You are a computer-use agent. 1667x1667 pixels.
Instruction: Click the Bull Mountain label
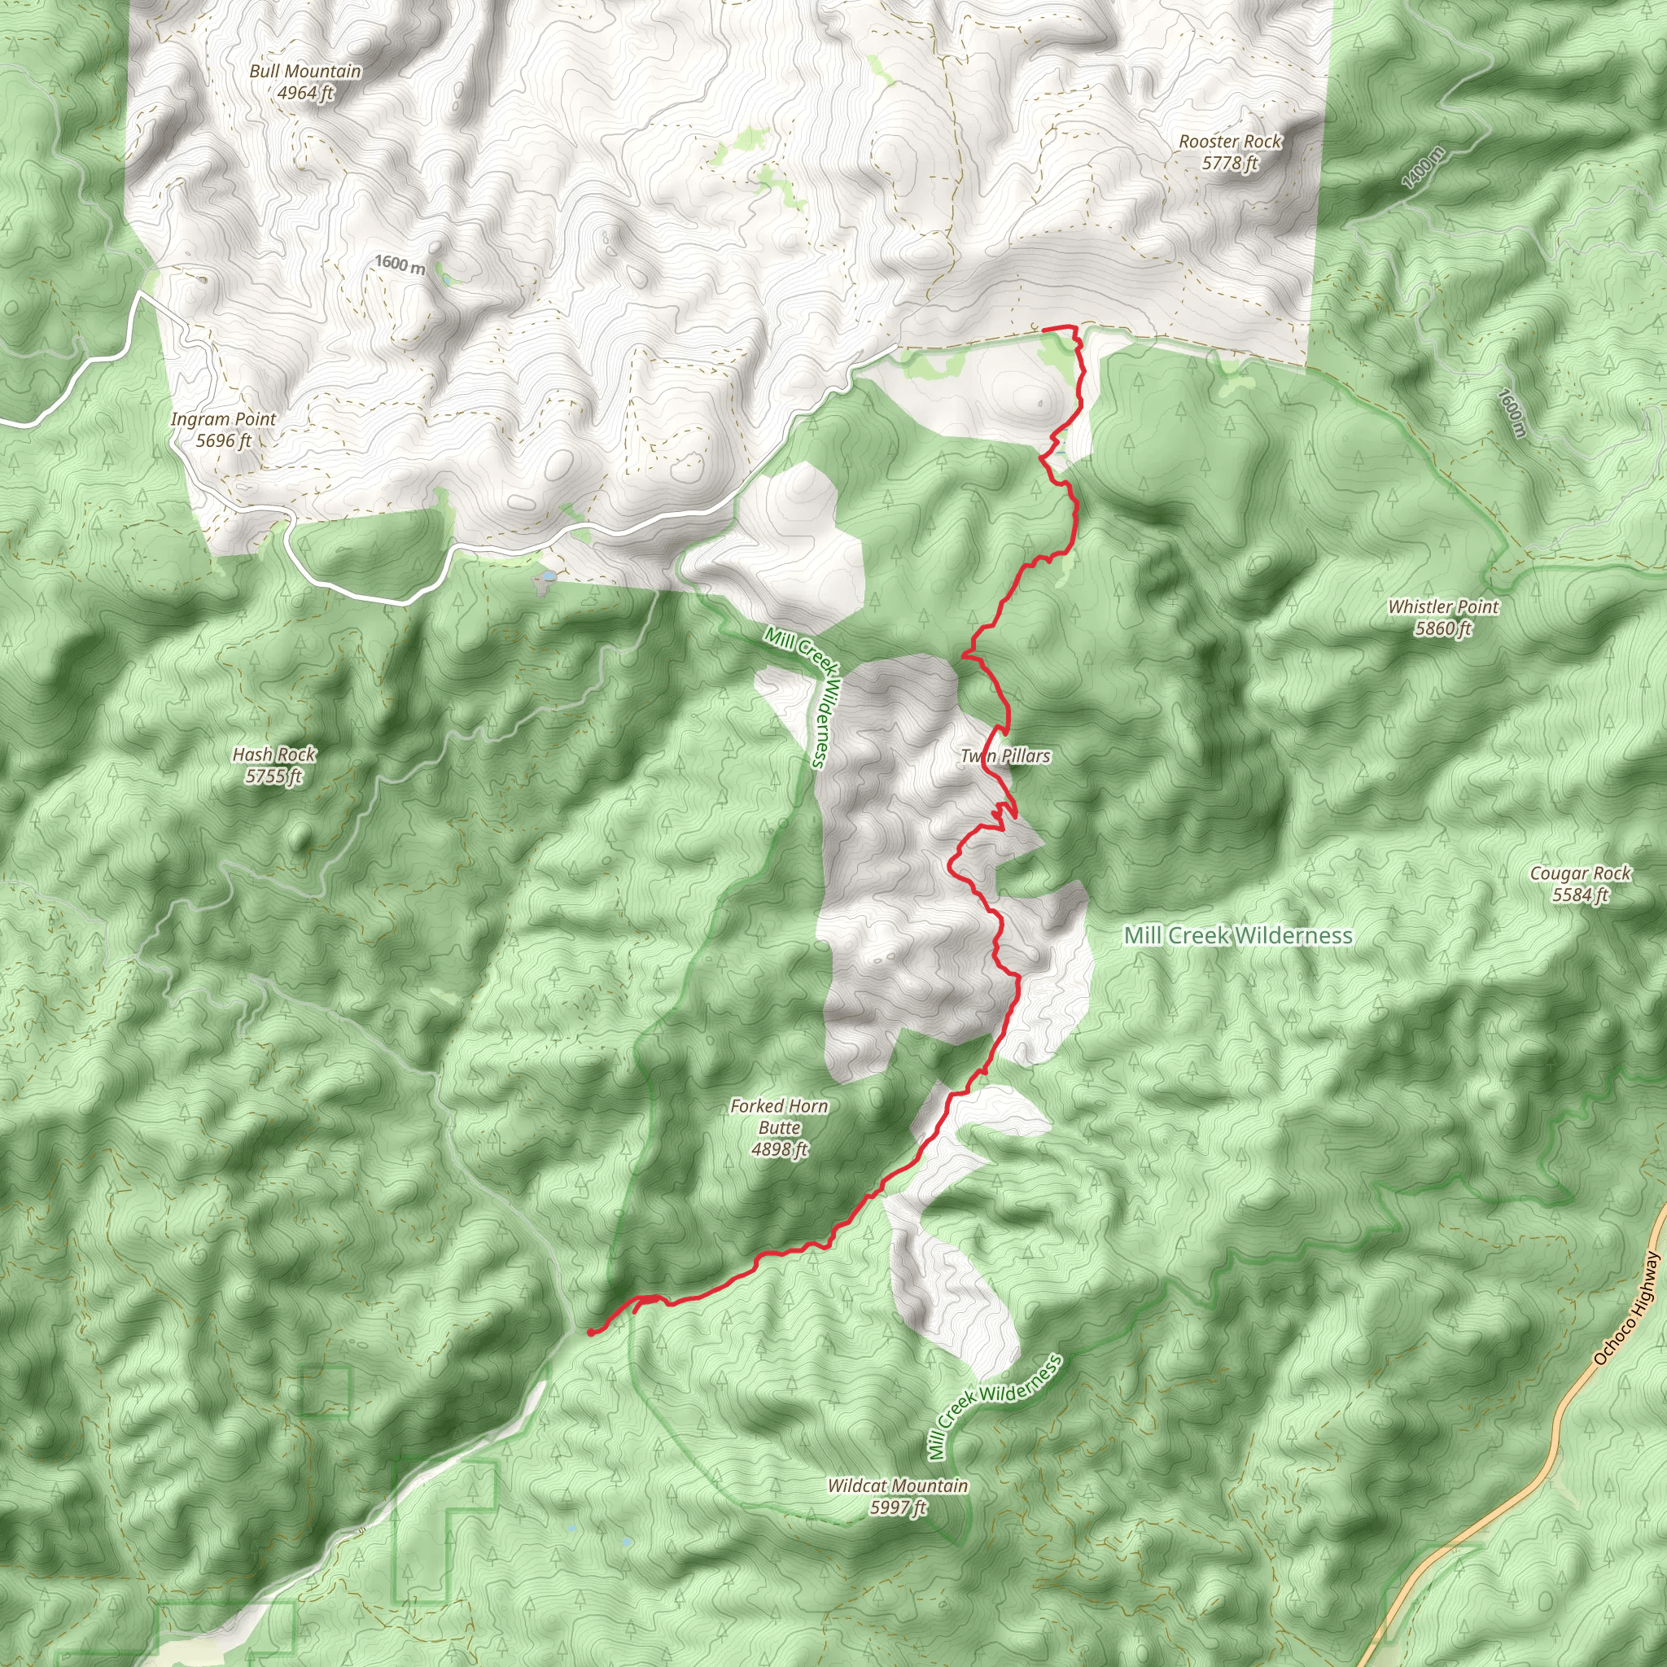(x=304, y=71)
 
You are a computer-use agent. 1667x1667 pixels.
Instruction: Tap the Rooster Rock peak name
(x=1231, y=141)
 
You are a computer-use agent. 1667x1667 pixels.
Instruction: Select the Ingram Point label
(x=224, y=418)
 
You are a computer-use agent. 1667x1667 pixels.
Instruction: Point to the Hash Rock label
(x=274, y=754)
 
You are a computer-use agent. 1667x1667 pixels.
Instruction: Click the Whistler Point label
(x=1443, y=606)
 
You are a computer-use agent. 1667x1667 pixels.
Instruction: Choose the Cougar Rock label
(x=1580, y=873)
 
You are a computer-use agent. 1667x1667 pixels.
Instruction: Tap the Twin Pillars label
(x=1005, y=756)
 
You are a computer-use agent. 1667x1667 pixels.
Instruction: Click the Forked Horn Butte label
(x=779, y=1117)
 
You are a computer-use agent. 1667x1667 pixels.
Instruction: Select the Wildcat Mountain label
(x=897, y=1485)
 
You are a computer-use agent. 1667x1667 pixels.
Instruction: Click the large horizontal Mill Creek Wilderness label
(x=1238, y=935)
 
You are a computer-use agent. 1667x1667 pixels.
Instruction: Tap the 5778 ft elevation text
(x=1231, y=163)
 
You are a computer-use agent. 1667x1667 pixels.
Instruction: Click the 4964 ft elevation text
(x=304, y=93)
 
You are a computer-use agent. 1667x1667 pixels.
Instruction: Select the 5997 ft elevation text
(x=897, y=1507)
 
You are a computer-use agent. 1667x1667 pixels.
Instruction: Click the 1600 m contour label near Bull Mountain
(x=400, y=264)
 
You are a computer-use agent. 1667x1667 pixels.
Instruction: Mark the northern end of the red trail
(x=1045, y=330)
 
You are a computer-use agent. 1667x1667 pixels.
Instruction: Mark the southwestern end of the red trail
(x=590, y=1332)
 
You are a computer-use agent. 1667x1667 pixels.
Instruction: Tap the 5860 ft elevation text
(x=1443, y=628)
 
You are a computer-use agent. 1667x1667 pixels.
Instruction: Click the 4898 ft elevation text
(x=779, y=1149)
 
